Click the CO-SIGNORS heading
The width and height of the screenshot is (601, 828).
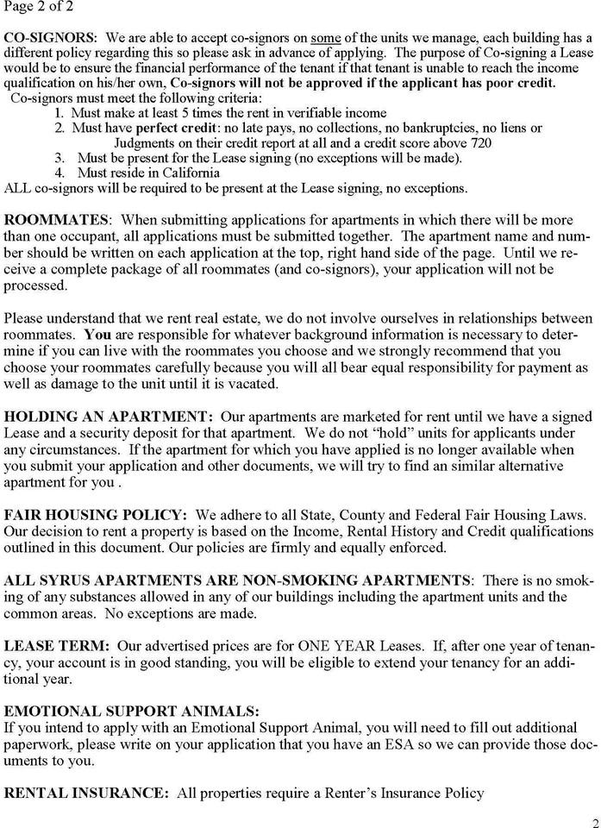(50, 39)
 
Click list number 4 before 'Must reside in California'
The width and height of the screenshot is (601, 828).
(59, 172)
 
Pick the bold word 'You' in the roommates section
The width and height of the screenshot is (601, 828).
(98, 332)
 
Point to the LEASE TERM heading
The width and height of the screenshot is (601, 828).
(57, 647)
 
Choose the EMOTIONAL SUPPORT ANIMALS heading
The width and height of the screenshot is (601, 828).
(131, 712)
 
